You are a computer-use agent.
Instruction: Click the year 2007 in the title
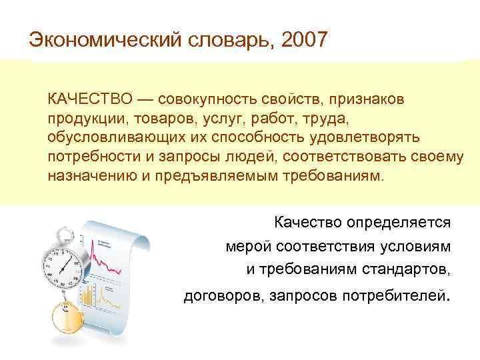[305, 39]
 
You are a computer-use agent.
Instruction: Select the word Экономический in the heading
[101, 39]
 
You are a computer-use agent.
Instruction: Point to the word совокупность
[203, 99]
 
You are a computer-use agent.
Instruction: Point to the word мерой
[243, 246]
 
